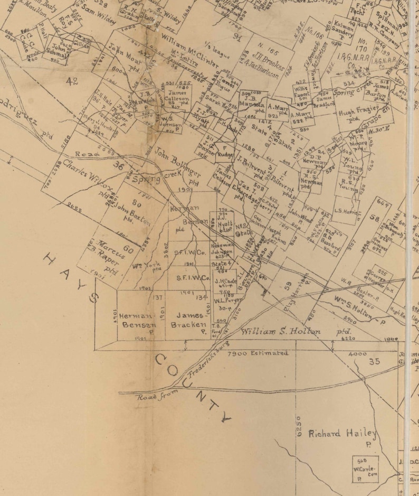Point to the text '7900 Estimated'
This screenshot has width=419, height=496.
(x=258, y=353)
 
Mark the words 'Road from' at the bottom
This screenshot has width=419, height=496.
(x=157, y=395)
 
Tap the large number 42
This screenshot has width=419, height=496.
(x=72, y=81)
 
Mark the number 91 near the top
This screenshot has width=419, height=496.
(x=237, y=36)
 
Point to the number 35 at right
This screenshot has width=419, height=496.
(x=375, y=362)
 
